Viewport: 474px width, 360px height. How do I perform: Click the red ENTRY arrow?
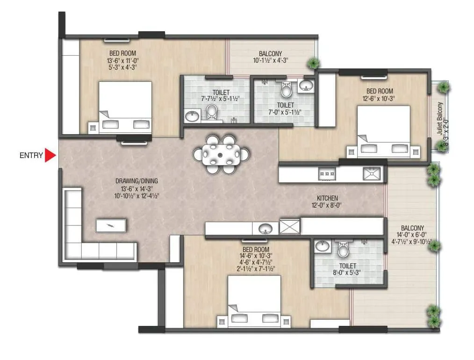pos(50,156)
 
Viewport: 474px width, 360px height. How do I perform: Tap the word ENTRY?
pos(31,156)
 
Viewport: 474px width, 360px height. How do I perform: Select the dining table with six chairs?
pos(221,154)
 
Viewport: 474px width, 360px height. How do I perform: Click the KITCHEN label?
pos(327,198)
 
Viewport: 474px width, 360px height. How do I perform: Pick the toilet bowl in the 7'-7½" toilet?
pos(212,112)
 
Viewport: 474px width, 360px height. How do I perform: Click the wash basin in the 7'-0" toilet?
pos(306,85)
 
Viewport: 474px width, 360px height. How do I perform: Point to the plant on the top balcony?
pos(313,63)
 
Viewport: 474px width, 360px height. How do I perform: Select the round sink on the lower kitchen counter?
pos(266,229)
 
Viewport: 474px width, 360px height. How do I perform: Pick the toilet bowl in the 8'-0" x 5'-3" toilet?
pos(343,251)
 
